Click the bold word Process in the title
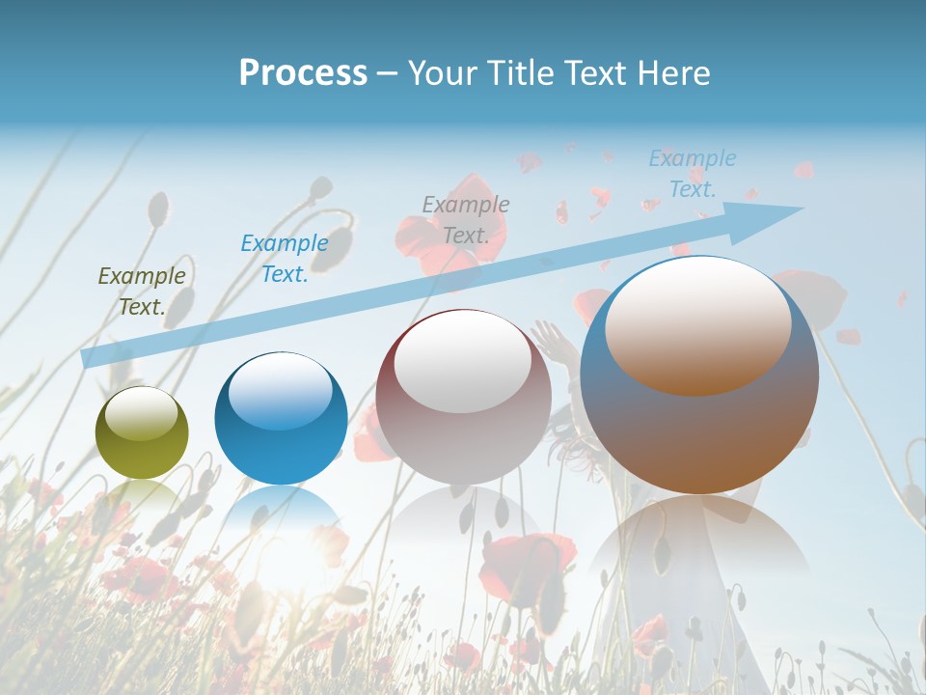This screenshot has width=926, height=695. pyautogui.click(x=303, y=72)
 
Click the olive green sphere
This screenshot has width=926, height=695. pyautogui.click(x=142, y=432)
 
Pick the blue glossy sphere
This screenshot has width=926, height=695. pyautogui.click(x=281, y=418)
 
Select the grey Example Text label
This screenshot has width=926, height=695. pyautogui.click(x=466, y=219)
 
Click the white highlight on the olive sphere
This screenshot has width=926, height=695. pyautogui.click(x=142, y=412)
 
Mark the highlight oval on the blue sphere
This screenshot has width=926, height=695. pyautogui.click(x=281, y=390)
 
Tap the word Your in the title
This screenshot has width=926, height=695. pyautogui.click(x=445, y=72)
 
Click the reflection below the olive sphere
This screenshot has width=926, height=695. pyautogui.click(x=142, y=497)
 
